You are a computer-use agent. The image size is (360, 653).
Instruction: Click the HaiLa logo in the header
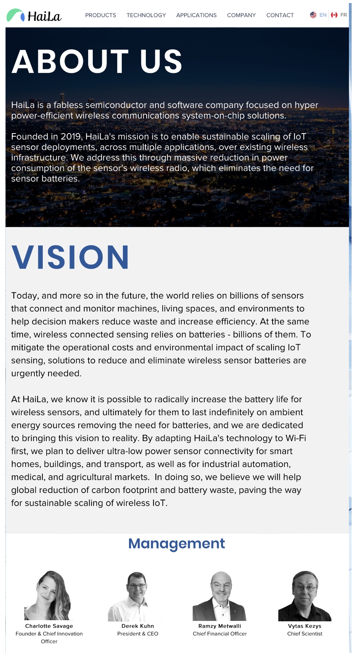click(x=34, y=16)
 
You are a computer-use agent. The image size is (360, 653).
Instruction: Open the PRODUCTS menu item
click(x=100, y=15)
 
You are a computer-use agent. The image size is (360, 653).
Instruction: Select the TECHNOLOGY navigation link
click(x=146, y=15)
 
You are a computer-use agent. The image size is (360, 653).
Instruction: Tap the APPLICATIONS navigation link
click(x=196, y=15)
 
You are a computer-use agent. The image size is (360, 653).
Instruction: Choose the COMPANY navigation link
click(x=241, y=15)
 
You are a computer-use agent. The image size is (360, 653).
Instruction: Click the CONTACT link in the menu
click(x=280, y=15)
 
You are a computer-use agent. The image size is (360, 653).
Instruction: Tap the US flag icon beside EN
click(x=313, y=15)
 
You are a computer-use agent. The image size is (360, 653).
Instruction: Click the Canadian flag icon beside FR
click(x=334, y=15)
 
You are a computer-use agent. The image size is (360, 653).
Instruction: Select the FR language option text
click(x=344, y=15)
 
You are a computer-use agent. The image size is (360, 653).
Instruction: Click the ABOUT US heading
click(x=97, y=61)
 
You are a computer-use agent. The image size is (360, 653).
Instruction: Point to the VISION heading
click(x=70, y=257)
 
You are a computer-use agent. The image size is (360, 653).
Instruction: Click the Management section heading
click(x=176, y=543)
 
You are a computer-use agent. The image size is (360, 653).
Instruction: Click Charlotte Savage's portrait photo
click(x=48, y=595)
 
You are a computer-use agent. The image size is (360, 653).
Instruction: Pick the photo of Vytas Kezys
click(x=305, y=596)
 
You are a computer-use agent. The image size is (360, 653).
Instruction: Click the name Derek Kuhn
click(x=137, y=626)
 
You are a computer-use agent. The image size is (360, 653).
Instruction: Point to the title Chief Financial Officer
click(x=220, y=634)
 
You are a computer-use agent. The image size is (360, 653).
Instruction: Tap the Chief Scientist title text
click(x=305, y=634)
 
